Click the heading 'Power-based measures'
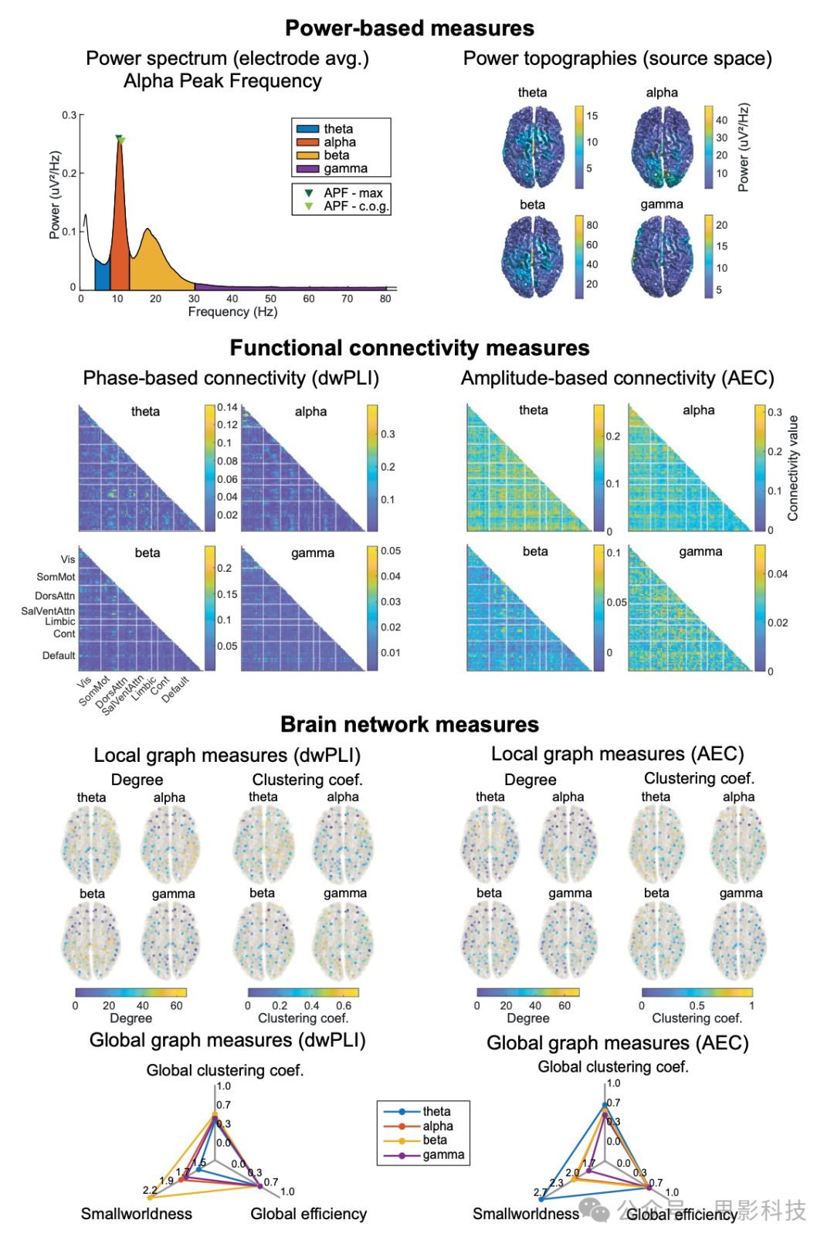(409, 29)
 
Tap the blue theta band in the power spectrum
(102, 275)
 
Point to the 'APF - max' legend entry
(352, 193)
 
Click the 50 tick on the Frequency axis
(270, 299)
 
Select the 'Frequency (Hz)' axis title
(232, 312)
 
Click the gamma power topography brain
(662, 257)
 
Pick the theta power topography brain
(533, 147)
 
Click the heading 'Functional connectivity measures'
(409, 348)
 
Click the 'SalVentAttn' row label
(48, 611)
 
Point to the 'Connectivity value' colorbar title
(793, 468)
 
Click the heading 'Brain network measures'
(409, 725)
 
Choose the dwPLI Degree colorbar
(131, 993)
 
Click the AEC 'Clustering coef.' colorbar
(697, 993)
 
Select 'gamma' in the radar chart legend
(442, 1155)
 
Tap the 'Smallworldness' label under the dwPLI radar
(137, 1214)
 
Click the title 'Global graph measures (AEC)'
(617, 1043)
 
